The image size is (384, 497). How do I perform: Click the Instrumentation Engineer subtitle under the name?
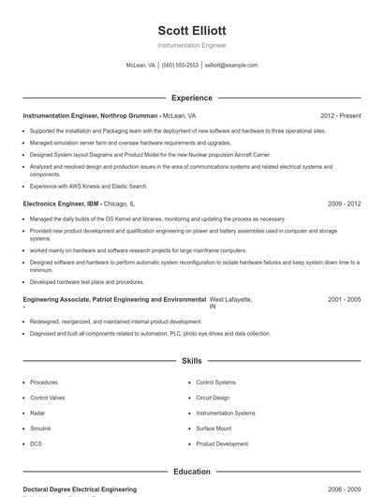pyautogui.click(x=191, y=45)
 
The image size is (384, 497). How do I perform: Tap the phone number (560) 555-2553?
pyautogui.click(x=181, y=66)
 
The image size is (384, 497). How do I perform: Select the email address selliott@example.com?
pyautogui.click(x=231, y=66)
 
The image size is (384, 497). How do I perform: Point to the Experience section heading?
pyautogui.click(x=191, y=98)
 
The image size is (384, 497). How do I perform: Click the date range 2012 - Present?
pyautogui.click(x=340, y=115)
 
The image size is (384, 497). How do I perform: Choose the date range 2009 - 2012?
pyautogui.click(x=344, y=203)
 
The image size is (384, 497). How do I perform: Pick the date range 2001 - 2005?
pyautogui.click(x=344, y=299)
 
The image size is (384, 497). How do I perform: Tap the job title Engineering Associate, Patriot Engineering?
pyautogui.click(x=112, y=300)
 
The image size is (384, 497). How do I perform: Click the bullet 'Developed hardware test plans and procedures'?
pyautogui.click(x=86, y=281)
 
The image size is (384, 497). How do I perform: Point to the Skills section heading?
pyautogui.click(x=191, y=360)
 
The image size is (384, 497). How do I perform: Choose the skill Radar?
pyautogui.click(x=37, y=413)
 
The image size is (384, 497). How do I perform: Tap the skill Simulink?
pyautogui.click(x=41, y=428)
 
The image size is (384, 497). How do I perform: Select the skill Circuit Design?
pyautogui.click(x=213, y=398)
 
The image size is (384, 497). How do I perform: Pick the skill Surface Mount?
pyautogui.click(x=214, y=428)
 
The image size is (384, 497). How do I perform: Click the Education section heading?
pyautogui.click(x=191, y=472)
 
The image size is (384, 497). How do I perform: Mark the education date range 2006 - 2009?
pyautogui.click(x=344, y=489)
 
